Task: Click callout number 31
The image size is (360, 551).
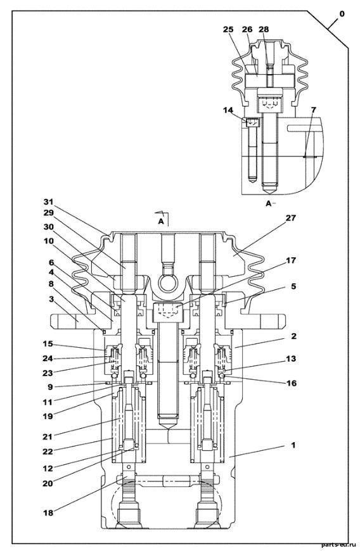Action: (x=48, y=201)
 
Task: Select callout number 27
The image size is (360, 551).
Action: (x=290, y=218)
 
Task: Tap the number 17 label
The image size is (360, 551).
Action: (x=291, y=260)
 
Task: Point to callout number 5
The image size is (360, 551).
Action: (x=293, y=286)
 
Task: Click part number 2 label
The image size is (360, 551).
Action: (x=293, y=336)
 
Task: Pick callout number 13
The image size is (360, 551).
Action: (x=291, y=358)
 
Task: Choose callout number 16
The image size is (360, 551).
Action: (x=292, y=383)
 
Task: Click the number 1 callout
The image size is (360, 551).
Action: (x=293, y=445)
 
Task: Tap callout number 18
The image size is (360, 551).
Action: (x=48, y=513)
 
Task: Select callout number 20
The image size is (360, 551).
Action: (x=48, y=483)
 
